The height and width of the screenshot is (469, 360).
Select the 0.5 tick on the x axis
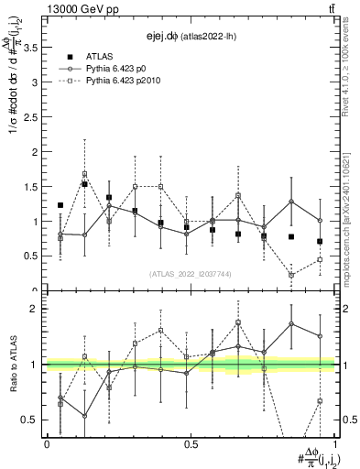191,443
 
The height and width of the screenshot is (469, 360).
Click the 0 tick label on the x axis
47,443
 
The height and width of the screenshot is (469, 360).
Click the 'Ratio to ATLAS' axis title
12,366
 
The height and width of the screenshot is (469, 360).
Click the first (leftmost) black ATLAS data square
60,205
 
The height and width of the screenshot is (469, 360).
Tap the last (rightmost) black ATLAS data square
320,242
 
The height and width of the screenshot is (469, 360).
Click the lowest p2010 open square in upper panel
291,275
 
